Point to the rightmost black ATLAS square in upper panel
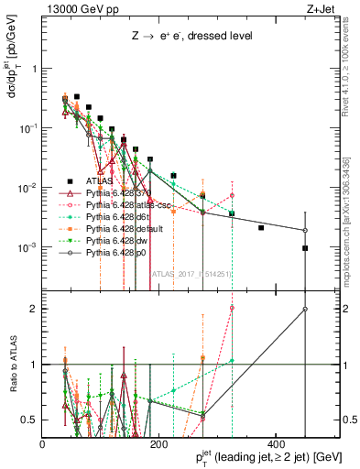pos(305,248)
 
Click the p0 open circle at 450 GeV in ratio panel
pos(305,309)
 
